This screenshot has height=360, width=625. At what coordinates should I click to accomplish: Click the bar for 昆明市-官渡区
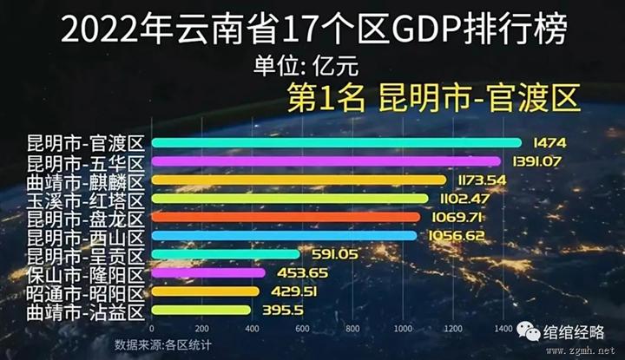337,142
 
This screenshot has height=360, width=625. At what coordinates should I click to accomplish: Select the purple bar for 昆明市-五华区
326,161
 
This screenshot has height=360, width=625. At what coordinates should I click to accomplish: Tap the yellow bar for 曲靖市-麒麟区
299,180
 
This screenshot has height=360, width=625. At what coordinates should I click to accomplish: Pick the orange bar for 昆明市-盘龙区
286,216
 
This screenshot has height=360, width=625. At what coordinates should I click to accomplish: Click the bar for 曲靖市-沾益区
201,310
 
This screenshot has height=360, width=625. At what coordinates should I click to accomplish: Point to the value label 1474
550,142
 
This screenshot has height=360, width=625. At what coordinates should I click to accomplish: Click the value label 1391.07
536,161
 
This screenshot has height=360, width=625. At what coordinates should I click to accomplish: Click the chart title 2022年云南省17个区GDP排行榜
314,32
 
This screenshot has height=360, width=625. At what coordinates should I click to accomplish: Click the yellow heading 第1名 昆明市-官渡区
432,97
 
